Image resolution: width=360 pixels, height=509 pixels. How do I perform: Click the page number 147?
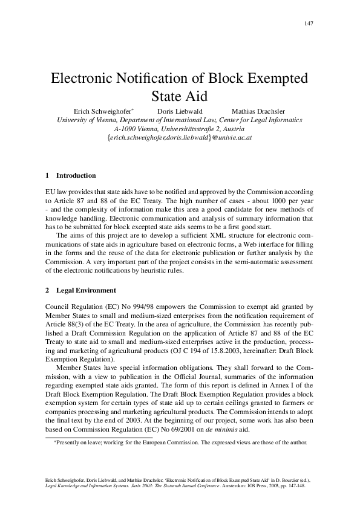click(x=309, y=24)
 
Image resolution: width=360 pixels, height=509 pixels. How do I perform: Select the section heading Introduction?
click(x=76, y=176)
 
